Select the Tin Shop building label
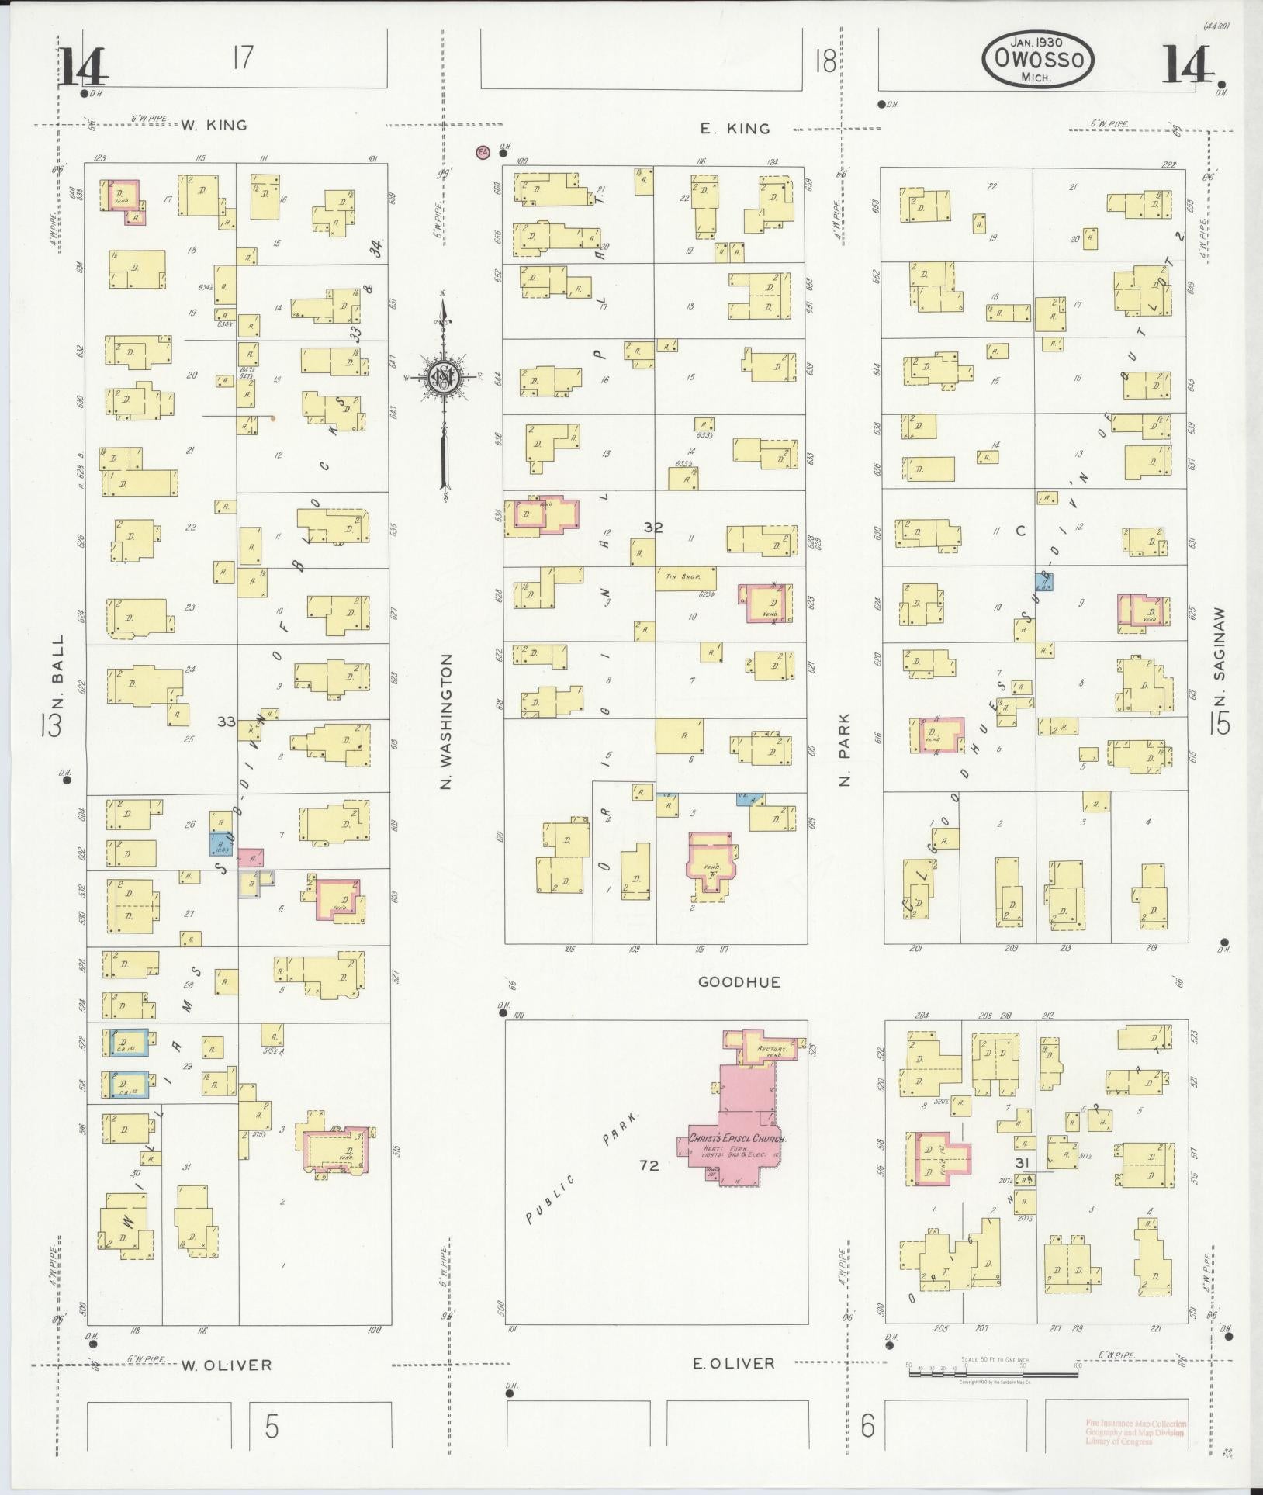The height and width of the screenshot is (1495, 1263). pyautogui.click(x=677, y=577)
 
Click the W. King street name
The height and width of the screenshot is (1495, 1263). pyautogui.click(x=214, y=125)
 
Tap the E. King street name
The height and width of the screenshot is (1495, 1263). pyautogui.click(x=735, y=129)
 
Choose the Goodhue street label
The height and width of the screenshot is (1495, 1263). pyautogui.click(x=739, y=981)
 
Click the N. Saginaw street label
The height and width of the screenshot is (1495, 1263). pyautogui.click(x=1220, y=645)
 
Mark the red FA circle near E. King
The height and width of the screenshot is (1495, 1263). pyautogui.click(x=483, y=152)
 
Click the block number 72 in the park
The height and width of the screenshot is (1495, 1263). pyautogui.click(x=649, y=1165)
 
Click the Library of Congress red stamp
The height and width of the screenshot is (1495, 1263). pyautogui.click(x=1135, y=1432)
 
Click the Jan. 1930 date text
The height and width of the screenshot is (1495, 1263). pyautogui.click(x=1037, y=42)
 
